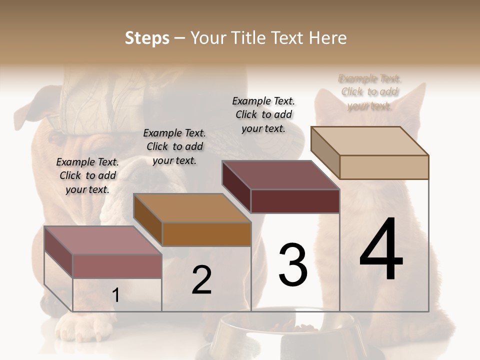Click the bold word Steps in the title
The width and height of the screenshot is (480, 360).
tap(147, 38)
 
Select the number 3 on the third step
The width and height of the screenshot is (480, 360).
tap(292, 265)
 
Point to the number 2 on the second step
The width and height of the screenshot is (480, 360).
tap(201, 280)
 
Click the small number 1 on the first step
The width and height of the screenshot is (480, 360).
tap(115, 295)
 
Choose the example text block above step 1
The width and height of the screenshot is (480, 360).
tap(87, 175)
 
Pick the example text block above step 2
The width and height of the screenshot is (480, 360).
tap(174, 146)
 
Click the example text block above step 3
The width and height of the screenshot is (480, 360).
tap(263, 114)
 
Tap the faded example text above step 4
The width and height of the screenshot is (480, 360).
tap(369, 92)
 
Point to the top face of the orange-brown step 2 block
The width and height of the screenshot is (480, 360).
tap(192, 208)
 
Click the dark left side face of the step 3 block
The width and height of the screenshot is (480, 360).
tap(236, 187)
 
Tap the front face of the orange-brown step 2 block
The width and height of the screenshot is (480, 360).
tap(206, 234)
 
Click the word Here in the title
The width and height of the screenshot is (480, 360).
tap(327, 38)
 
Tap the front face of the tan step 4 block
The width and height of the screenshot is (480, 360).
tap(384, 167)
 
